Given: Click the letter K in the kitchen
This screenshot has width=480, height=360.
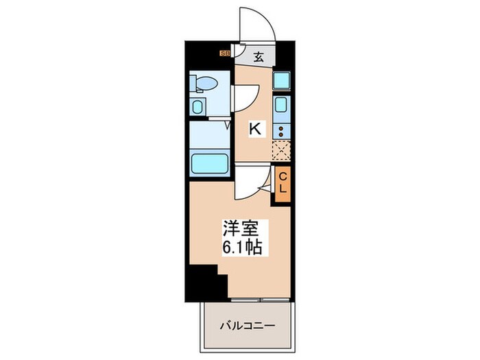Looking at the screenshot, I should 254,128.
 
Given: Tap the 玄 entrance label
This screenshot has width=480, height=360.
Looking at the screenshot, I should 259,58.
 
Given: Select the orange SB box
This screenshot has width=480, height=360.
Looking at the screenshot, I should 224,51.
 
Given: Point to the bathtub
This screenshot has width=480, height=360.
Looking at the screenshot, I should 209,165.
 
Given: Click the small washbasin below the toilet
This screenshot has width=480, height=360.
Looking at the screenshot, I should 197,107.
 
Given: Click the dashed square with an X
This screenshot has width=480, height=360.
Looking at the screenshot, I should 280,149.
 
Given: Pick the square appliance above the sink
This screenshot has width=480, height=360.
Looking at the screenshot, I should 281,80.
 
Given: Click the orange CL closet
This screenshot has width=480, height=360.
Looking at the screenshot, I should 281,184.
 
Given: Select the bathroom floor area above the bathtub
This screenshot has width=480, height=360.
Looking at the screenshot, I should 209,136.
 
